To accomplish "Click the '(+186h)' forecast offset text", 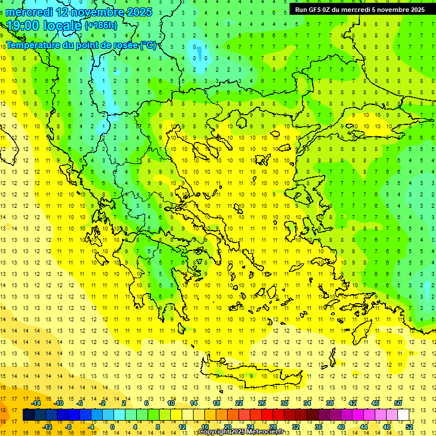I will coord(101,26).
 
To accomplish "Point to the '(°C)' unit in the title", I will coord(148,45).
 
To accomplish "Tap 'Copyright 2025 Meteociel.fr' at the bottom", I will coord(241,432).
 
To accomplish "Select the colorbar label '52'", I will coord(409,426).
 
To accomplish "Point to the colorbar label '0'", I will coord(112,426).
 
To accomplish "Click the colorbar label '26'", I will coord(262,403).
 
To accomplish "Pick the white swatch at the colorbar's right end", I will coord(403,414).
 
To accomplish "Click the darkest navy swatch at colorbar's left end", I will coord(28,414).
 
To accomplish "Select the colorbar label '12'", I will coord(182,426).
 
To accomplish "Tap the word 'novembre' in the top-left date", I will coord(96,12).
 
